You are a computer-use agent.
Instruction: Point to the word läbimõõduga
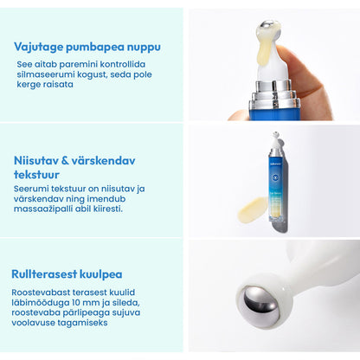(39, 303)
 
